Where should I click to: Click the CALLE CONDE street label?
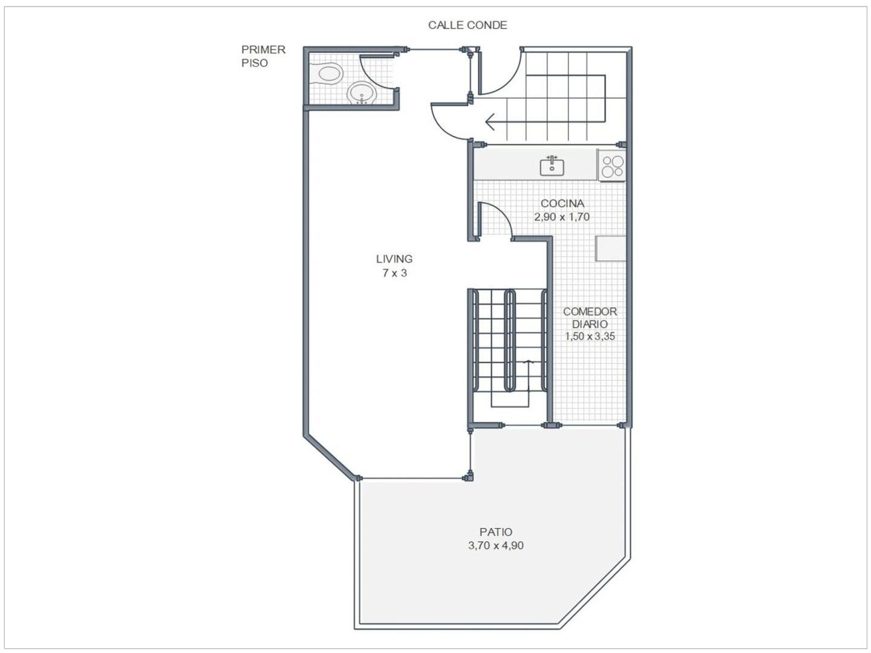(467, 25)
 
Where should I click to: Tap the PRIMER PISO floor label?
(263, 56)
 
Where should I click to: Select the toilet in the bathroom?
(330, 74)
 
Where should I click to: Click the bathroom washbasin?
(362, 94)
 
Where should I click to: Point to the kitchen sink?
(552, 166)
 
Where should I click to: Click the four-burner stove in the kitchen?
(612, 166)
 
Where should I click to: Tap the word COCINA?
(562, 204)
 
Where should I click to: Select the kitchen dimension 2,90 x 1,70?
(562, 217)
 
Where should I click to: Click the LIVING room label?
(394, 259)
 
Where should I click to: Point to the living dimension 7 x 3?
(394, 273)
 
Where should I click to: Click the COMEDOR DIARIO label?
(590, 317)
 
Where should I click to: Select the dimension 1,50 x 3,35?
(590, 337)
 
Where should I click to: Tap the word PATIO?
(495, 532)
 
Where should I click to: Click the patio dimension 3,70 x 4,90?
(495, 545)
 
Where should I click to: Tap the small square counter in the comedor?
(610, 248)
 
